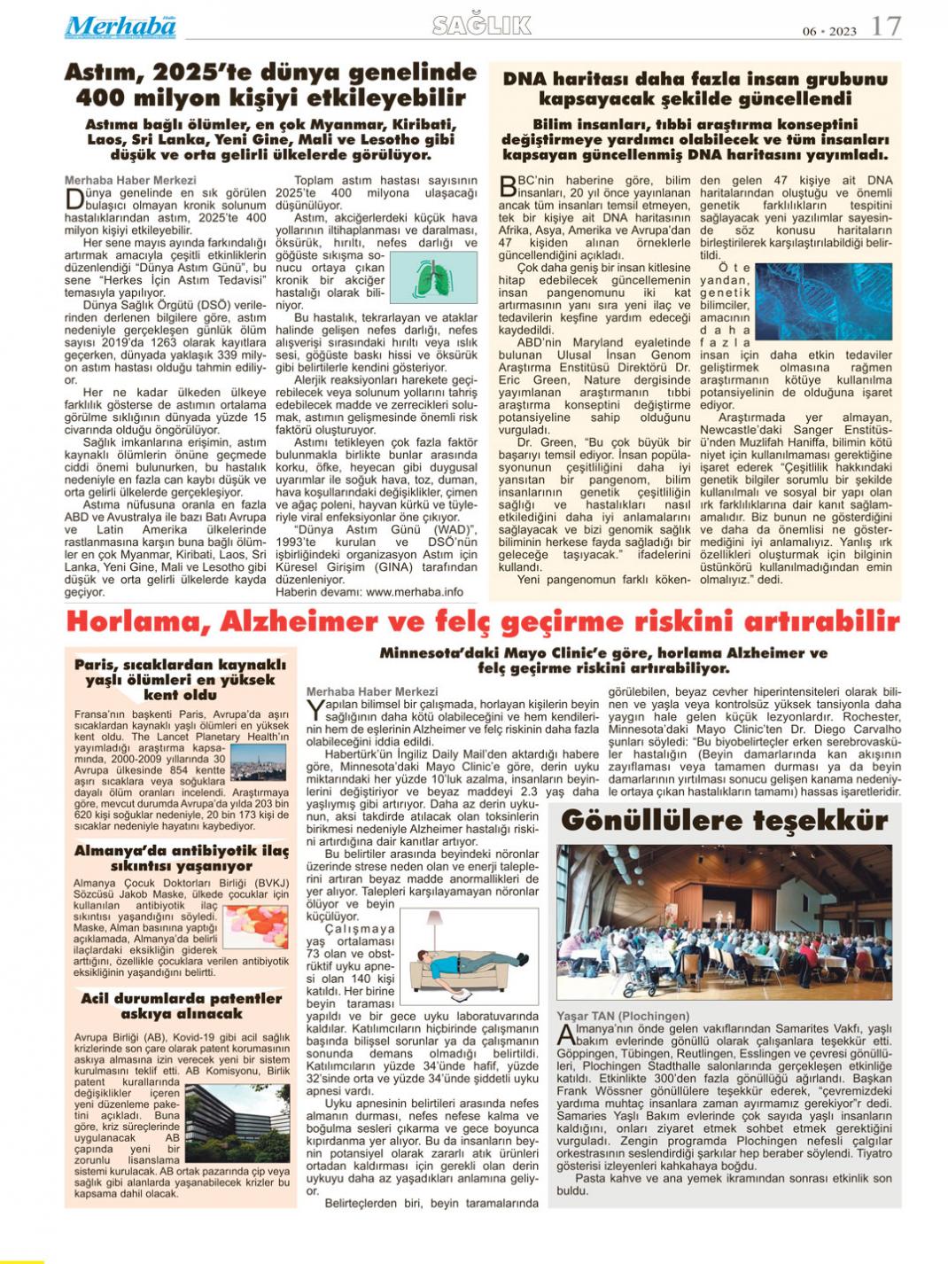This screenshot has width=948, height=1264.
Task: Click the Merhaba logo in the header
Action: click(120, 27)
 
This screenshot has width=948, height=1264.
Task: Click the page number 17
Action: click(885, 26)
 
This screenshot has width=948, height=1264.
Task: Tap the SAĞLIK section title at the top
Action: click(482, 26)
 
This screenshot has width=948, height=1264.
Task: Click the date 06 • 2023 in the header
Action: click(829, 31)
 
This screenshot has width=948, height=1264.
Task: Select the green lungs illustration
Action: click(434, 277)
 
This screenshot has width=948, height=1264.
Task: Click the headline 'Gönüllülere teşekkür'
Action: click(724, 820)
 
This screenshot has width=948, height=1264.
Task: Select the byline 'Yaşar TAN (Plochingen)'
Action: click(623, 1016)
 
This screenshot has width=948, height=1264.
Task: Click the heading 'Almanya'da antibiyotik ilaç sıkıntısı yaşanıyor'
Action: click(182, 858)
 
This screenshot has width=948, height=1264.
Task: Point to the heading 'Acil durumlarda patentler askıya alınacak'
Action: click(182, 1005)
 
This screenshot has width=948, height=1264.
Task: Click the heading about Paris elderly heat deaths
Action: click(181, 680)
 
